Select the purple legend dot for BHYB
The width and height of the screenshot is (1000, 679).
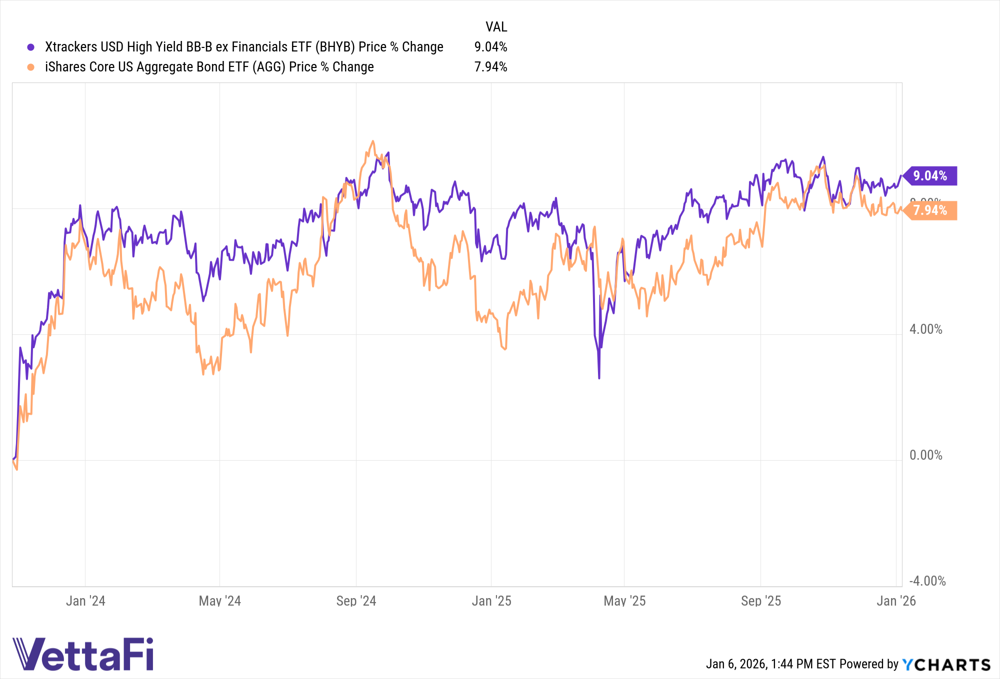click(31, 47)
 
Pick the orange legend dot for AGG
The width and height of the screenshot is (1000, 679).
click(31, 67)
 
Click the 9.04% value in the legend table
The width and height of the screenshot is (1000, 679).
click(490, 47)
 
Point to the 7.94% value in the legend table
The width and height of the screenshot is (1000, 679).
click(490, 67)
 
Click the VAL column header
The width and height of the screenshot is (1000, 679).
click(496, 27)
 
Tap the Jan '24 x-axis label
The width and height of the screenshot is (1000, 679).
click(85, 601)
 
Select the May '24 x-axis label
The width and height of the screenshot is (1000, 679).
click(220, 601)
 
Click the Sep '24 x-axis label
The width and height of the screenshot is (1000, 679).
click(356, 601)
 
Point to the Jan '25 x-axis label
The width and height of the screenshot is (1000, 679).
click(491, 601)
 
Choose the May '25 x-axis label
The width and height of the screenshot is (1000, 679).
click(624, 601)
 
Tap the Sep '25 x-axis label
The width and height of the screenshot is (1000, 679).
click(760, 601)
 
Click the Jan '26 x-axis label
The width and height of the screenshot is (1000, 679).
click(896, 601)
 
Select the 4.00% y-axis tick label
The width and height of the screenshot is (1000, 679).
click(925, 329)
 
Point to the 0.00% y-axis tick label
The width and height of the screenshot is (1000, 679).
click(925, 455)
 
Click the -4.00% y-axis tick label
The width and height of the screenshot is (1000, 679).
click(927, 581)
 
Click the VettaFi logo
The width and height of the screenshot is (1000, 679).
click(83, 654)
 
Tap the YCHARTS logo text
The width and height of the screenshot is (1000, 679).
click(946, 665)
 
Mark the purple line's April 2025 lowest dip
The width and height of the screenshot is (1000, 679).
click(599, 378)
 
